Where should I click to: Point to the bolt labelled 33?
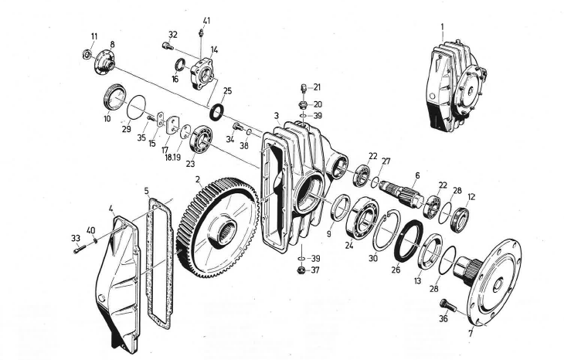(x=80, y=250)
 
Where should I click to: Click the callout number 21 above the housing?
(x=317, y=87)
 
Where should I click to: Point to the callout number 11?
(x=94, y=36)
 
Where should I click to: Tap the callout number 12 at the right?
(x=472, y=196)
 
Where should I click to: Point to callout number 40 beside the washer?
(x=90, y=230)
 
